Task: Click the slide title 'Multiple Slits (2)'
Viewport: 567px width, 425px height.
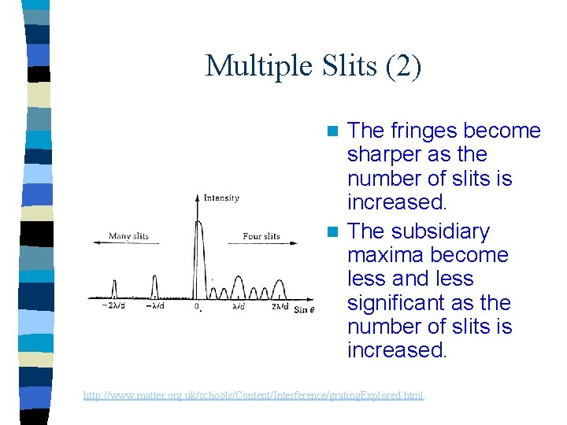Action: (x=313, y=65)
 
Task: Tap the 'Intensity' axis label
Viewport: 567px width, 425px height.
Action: (x=221, y=198)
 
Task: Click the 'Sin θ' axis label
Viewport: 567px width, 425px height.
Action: (x=304, y=309)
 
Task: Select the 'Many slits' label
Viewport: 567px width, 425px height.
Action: (x=129, y=236)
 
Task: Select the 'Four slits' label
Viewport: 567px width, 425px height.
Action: (x=261, y=236)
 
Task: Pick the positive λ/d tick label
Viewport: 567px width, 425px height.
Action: (x=239, y=306)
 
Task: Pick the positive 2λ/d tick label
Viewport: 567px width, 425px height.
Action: (x=280, y=306)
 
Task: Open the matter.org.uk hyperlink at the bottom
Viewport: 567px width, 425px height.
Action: (x=253, y=395)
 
